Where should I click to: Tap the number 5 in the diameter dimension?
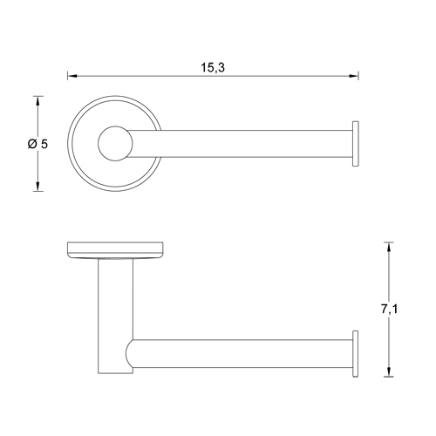point(42,143)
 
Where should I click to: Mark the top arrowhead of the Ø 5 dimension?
point(37,99)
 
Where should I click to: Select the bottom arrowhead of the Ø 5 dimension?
point(37,187)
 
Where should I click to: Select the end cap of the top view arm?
point(355,143)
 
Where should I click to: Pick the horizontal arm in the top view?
point(244,143)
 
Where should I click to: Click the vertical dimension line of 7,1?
point(386,279)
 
